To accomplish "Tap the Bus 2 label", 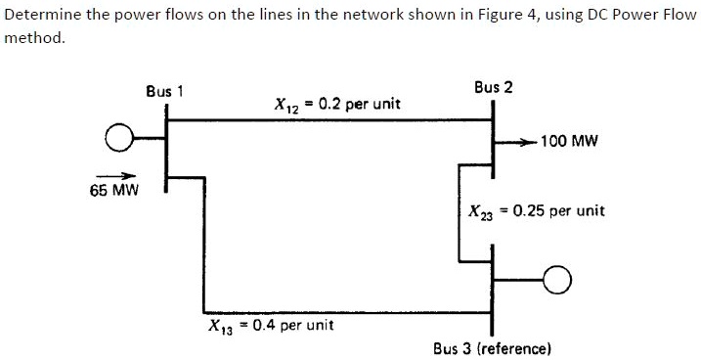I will tap(493, 87).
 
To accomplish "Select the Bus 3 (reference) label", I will tap(493, 347).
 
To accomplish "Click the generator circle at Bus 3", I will tap(556, 282).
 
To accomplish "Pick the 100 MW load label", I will tap(567, 141).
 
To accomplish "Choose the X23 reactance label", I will tap(537, 210).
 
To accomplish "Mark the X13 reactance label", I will tap(270, 325).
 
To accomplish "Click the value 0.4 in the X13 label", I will tap(266, 325).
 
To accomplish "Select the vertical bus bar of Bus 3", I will tap(493, 288).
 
